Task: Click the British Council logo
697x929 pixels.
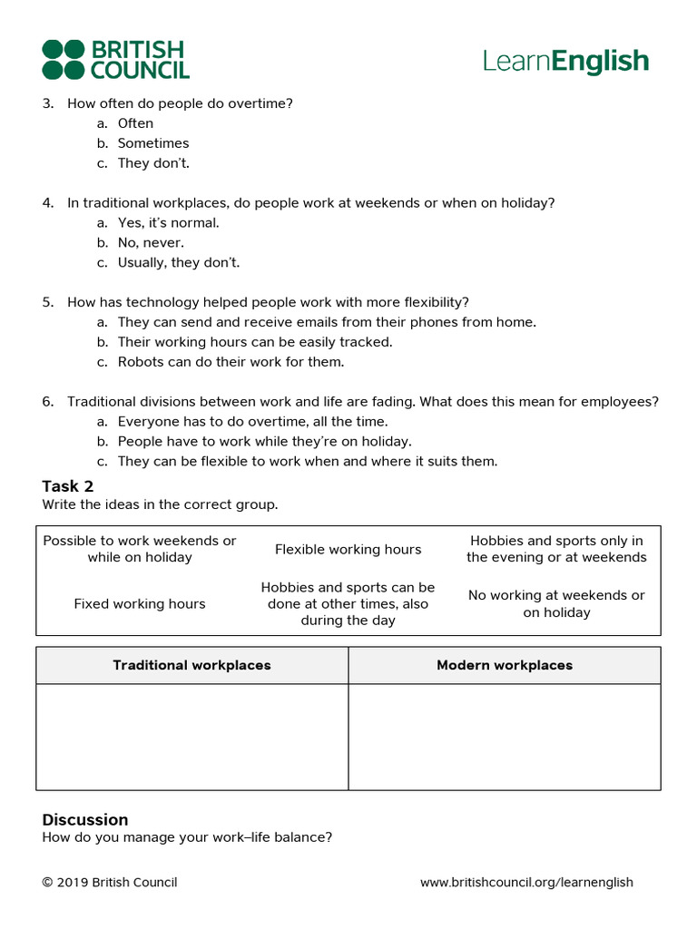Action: tap(115, 60)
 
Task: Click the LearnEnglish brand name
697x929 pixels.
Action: tap(565, 62)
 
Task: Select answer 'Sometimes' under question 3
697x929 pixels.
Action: tap(152, 143)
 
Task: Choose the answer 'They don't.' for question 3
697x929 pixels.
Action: tap(152, 163)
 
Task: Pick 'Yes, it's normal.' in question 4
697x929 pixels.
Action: tap(168, 223)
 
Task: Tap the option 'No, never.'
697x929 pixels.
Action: tap(151, 243)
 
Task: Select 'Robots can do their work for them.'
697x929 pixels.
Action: tap(231, 362)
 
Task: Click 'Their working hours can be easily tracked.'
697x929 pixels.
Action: tap(254, 342)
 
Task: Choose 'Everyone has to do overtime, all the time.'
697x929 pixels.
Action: tap(252, 422)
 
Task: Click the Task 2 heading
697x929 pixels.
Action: tap(68, 486)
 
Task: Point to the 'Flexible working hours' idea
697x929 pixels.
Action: tap(348, 550)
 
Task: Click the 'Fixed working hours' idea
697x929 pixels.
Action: tap(140, 604)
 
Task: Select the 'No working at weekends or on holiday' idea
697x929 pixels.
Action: tap(556, 604)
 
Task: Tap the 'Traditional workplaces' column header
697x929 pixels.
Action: tap(191, 666)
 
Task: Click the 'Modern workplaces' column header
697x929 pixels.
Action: tap(505, 666)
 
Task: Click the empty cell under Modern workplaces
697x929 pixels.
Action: tap(505, 737)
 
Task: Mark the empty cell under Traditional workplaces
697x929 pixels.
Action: tap(191, 737)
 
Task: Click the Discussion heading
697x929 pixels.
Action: tap(85, 820)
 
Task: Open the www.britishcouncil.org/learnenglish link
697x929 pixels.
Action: tap(526, 883)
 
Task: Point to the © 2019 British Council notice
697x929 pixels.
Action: tap(110, 883)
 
